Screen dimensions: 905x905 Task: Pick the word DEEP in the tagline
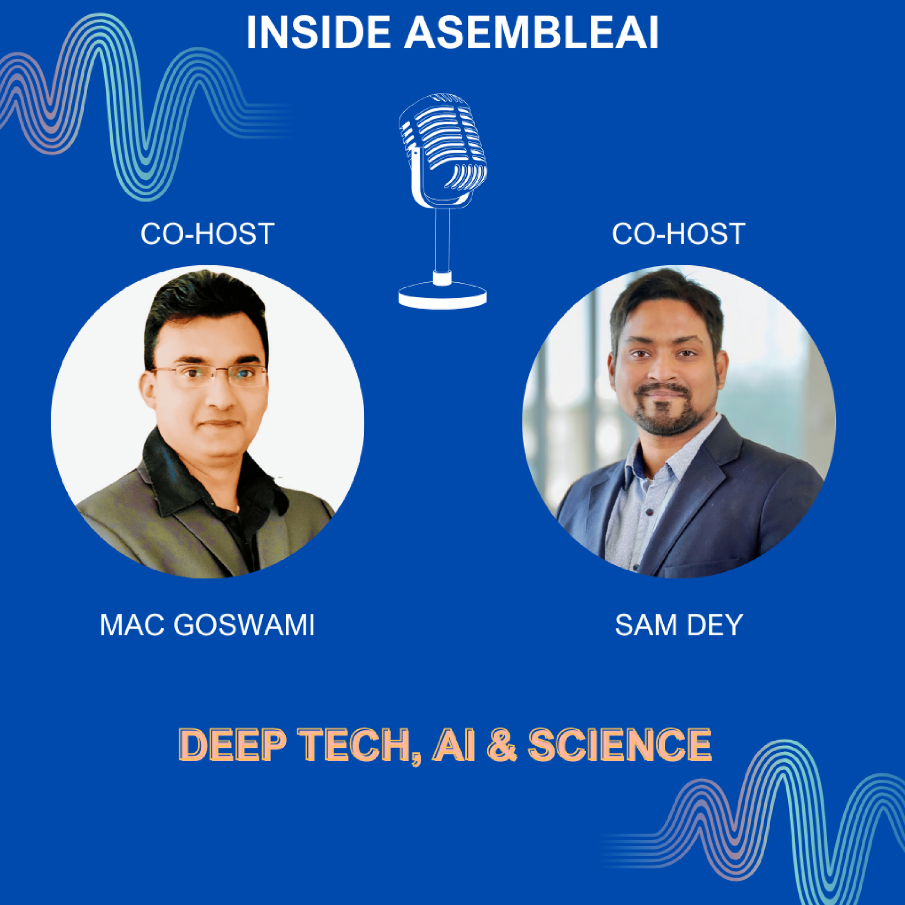(x=232, y=746)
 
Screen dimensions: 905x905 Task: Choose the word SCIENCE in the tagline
(x=620, y=746)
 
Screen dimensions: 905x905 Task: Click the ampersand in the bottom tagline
(x=503, y=746)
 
